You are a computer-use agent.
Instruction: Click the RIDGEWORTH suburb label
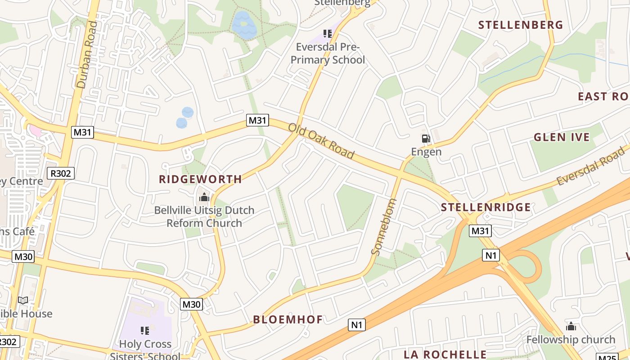point(200,179)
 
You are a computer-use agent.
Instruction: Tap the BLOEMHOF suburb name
point(288,319)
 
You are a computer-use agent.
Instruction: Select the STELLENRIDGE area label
point(486,207)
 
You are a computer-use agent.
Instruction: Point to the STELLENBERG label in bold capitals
point(521,25)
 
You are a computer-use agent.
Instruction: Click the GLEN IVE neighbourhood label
point(561,137)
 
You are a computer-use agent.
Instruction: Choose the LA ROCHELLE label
point(445,354)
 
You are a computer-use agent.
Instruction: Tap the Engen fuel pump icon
point(426,139)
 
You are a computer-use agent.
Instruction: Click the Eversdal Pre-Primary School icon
point(327,34)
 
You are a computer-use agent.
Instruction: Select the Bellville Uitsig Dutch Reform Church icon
point(204,197)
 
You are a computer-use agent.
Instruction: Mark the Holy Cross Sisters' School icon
point(145,331)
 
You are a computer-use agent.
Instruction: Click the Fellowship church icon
point(571,326)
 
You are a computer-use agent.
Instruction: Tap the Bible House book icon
point(22,300)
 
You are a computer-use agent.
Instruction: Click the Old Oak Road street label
point(321,141)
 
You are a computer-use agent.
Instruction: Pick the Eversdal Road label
point(591,166)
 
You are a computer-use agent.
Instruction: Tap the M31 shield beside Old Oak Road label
point(258,120)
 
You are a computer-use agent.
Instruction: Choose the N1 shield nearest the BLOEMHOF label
point(357,324)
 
